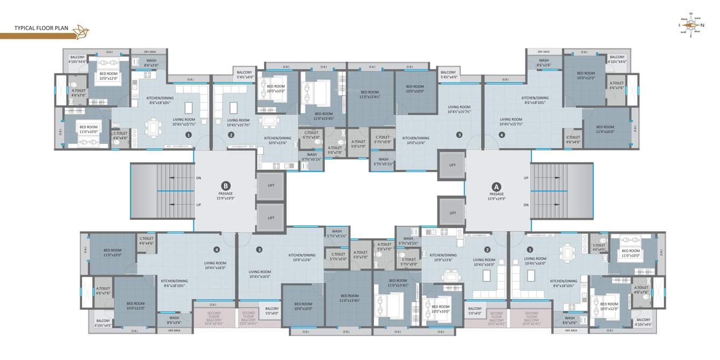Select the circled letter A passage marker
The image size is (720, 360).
click(x=496, y=186)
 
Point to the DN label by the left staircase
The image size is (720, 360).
click(x=198, y=177)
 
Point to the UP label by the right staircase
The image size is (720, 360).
click(x=525, y=177)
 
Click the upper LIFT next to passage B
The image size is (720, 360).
click(x=271, y=185)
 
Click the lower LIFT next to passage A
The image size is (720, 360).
click(x=452, y=213)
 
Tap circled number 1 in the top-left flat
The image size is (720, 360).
click(x=189, y=135)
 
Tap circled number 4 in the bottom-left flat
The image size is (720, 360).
click(x=217, y=250)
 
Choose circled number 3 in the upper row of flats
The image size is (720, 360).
click(x=459, y=135)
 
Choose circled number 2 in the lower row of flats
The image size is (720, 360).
click(x=487, y=250)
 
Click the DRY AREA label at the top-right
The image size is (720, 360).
click(x=543, y=52)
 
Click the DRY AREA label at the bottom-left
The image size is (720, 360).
click(x=174, y=330)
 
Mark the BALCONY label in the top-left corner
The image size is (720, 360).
click(x=77, y=57)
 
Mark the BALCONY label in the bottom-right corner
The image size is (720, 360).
click(x=643, y=322)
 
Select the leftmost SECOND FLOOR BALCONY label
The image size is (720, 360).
click(x=214, y=318)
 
